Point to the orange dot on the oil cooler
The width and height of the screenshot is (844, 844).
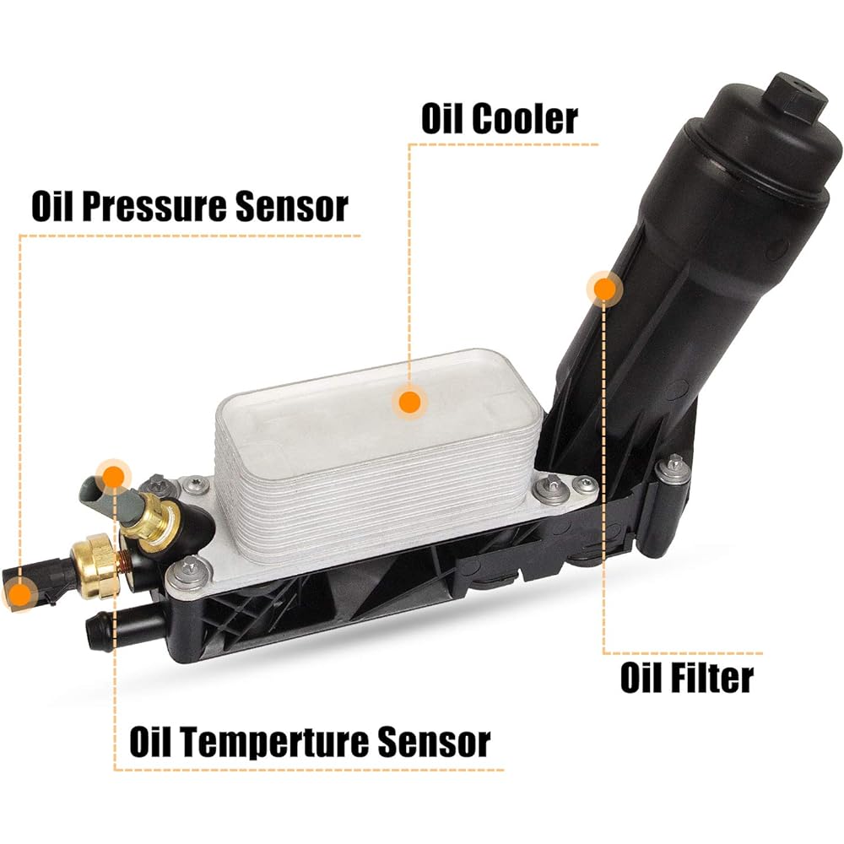[x=410, y=402]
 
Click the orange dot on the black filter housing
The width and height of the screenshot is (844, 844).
[x=604, y=289]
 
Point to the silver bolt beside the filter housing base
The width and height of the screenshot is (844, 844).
[x=675, y=469]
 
